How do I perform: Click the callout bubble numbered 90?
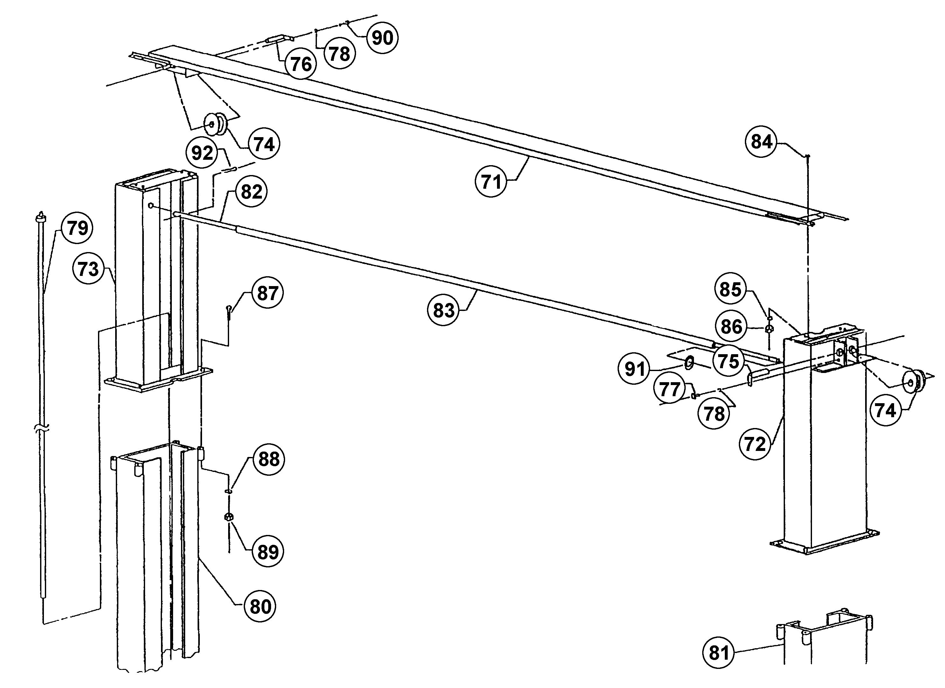click(382, 38)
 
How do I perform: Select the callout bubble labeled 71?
click(491, 181)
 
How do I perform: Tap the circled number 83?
click(443, 310)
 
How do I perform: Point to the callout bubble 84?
click(761, 142)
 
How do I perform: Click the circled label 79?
click(77, 228)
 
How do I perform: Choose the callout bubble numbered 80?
click(260, 606)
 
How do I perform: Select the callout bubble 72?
click(755, 444)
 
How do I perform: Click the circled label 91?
click(634, 369)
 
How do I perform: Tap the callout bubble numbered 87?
click(267, 293)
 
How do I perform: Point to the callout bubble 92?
click(202, 153)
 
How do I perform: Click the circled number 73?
click(88, 269)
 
